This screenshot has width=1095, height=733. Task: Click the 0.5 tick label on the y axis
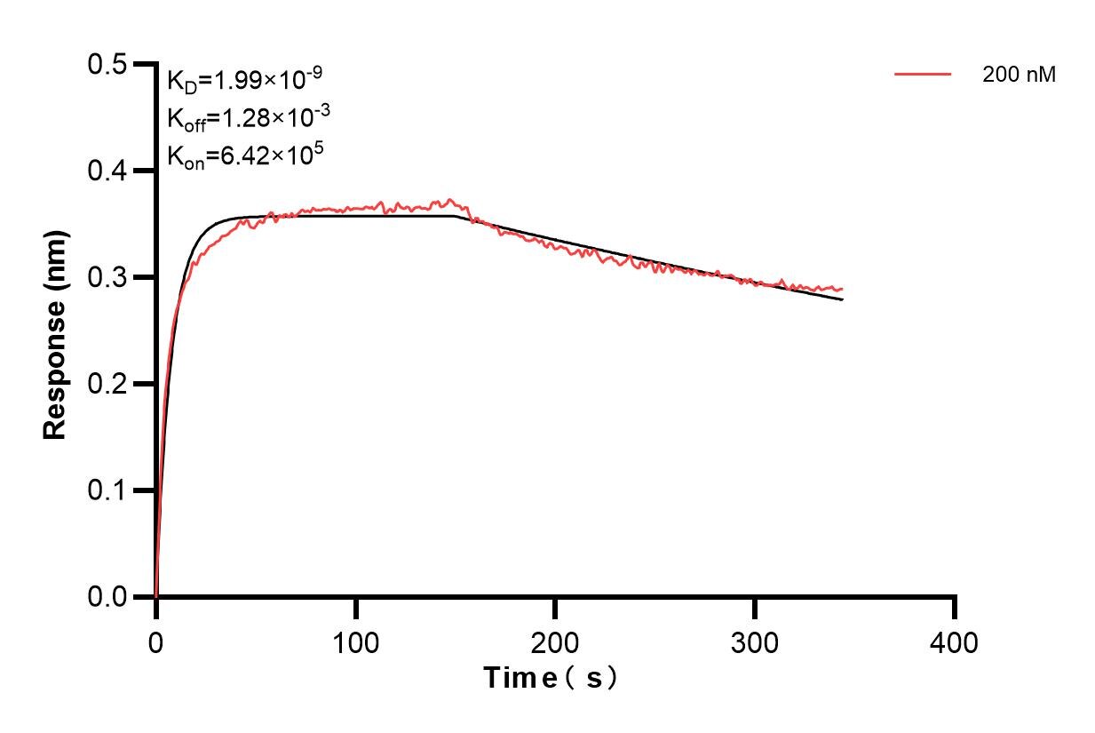(x=108, y=65)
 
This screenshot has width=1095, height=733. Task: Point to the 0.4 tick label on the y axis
(x=108, y=171)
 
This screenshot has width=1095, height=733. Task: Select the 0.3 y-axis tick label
(x=108, y=277)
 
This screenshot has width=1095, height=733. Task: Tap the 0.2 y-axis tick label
(x=108, y=384)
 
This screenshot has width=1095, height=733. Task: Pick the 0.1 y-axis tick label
(x=108, y=490)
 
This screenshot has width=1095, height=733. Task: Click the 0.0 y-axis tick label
(x=108, y=597)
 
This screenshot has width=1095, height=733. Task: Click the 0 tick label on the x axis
(x=156, y=642)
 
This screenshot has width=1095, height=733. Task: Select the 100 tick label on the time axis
(x=355, y=642)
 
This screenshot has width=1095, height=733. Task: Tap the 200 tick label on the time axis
(x=555, y=642)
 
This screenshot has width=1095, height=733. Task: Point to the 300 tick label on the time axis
(x=755, y=642)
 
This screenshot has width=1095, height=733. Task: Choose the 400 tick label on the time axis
(x=955, y=642)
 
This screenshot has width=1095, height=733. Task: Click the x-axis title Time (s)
(x=551, y=679)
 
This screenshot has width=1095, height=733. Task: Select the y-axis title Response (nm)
(x=55, y=331)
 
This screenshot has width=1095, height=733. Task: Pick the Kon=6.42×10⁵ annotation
(x=233, y=155)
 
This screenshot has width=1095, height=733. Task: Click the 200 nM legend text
(x=1019, y=76)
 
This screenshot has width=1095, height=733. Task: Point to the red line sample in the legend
(x=923, y=75)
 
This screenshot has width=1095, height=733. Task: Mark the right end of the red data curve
(x=842, y=289)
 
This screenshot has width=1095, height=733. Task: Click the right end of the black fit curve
(x=842, y=299)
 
